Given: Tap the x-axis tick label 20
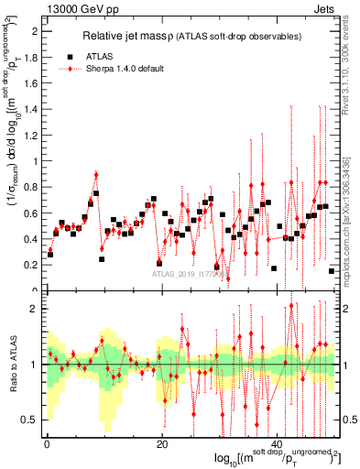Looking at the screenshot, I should tap(162, 444).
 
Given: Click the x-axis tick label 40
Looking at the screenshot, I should tap(279, 444).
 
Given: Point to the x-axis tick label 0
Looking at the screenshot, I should tap(46, 444).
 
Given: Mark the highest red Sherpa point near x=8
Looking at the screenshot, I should tap(95, 173).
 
